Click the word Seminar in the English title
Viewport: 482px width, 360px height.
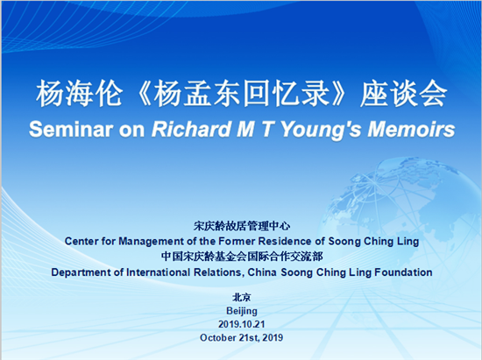[71, 129]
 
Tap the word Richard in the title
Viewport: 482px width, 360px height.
[192, 129]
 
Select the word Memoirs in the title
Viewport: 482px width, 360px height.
[411, 129]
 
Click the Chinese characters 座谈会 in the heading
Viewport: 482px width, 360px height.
[404, 94]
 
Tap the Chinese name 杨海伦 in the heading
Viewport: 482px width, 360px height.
[79, 94]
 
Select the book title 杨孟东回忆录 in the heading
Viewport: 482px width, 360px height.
[241, 94]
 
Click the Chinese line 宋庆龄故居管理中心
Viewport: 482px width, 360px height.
[242, 226]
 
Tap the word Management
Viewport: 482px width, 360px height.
[151, 242]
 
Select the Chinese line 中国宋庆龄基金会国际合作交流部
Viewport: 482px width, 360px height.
[242, 257]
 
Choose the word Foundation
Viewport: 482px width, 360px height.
[403, 272]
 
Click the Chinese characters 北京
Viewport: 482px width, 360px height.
[242, 297]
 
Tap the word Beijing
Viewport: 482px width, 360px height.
[242, 311]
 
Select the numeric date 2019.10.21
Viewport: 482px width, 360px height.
[242, 324]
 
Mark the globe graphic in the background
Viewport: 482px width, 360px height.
[400, 221]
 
